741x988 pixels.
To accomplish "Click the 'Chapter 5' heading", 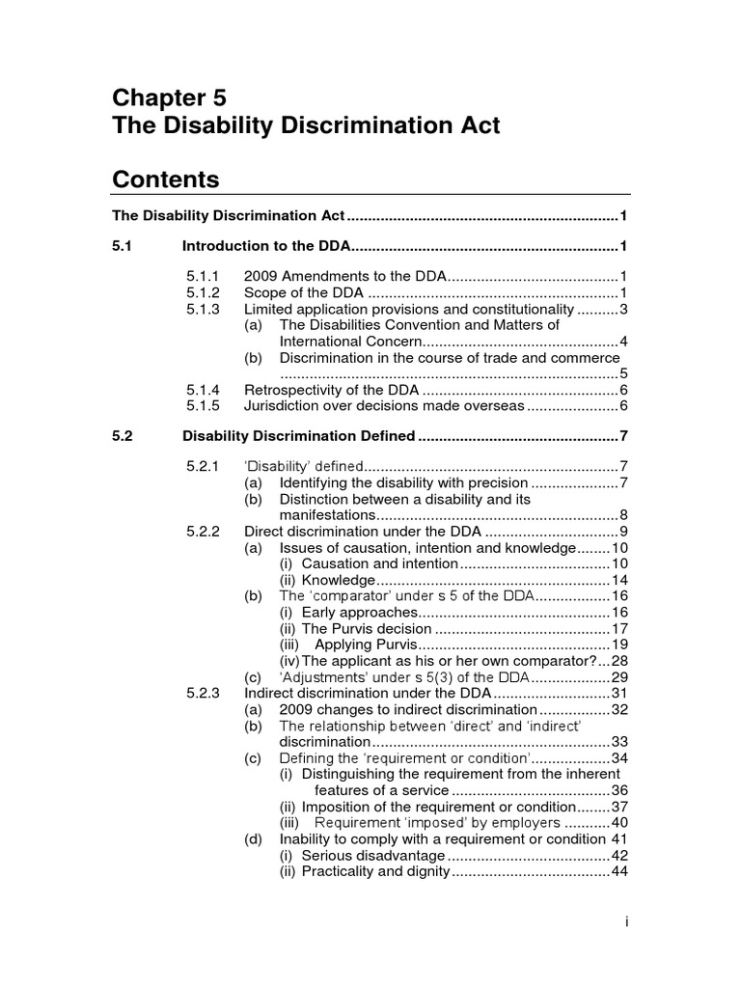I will pos(170,97).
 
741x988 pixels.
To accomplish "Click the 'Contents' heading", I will pos(166,179).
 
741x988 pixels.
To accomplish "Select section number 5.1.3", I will pos(204,309).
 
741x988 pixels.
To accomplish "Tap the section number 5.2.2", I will pos(204,531).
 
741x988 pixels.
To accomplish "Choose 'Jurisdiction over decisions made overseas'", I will pos(384,406).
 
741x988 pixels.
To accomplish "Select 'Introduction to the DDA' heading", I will pos(266,246).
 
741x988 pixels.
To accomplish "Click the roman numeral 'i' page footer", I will pos(626,922).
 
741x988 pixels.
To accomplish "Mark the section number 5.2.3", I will pos(204,693).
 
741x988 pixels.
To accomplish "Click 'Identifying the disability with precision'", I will pos(403,482).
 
